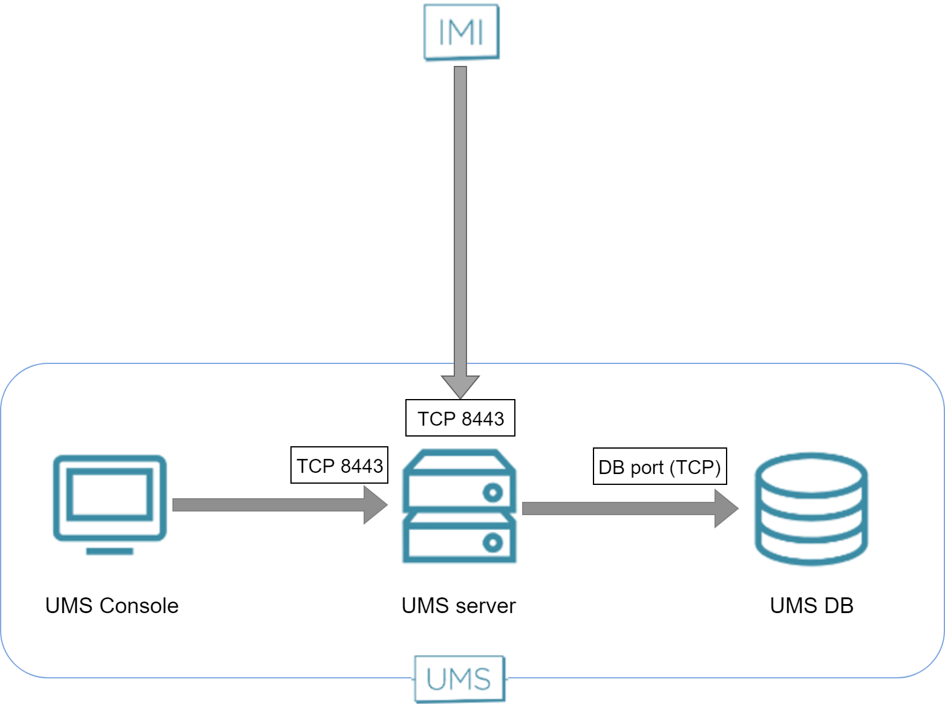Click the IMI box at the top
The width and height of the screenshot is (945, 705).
[461, 32]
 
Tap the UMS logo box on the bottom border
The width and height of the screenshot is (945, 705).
[459, 679]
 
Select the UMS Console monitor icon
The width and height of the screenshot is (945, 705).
[110, 498]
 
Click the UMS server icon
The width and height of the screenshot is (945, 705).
[460, 506]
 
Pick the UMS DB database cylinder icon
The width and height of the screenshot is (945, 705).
[811, 508]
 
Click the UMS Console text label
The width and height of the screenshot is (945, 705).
[112, 605]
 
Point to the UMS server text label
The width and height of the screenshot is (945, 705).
[459, 605]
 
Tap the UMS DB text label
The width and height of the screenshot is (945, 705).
[811, 605]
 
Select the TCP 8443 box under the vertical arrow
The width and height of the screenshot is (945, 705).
[460, 418]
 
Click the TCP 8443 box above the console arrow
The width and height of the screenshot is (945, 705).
[339, 465]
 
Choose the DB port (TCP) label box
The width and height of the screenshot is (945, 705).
[659, 466]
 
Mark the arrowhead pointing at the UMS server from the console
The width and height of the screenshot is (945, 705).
[374, 505]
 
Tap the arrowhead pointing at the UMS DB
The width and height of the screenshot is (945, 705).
[725, 508]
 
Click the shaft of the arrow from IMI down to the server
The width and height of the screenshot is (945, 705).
[460, 218]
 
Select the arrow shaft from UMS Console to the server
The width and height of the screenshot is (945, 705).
[266, 505]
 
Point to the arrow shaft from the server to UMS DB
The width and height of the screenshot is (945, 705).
[617, 508]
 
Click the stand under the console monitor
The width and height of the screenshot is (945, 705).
[110, 551]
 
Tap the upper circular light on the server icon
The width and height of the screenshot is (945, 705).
[492, 493]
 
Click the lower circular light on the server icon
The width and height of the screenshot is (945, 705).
[492, 542]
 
